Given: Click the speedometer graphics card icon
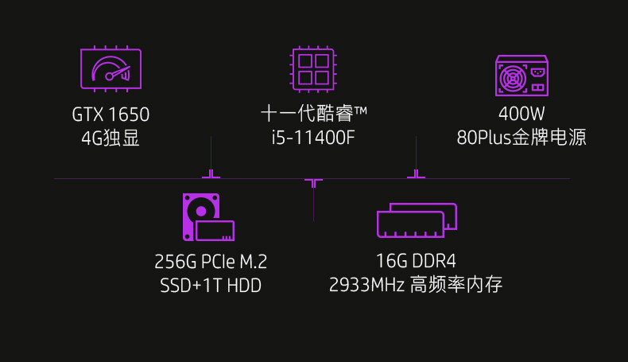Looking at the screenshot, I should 110,68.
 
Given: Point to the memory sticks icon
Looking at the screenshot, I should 417,220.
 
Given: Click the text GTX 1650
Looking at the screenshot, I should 110,115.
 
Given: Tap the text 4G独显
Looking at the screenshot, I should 110,138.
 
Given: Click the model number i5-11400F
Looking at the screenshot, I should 312,138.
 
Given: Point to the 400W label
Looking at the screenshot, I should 521,115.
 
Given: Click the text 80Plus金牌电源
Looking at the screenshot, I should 521,138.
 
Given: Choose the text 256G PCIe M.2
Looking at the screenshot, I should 211,262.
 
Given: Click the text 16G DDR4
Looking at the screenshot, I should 416,262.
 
